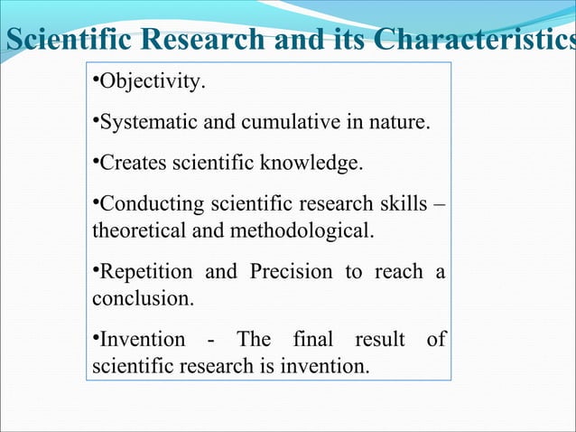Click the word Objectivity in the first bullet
click(x=151, y=85)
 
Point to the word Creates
click(x=131, y=164)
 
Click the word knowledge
click(x=321, y=164)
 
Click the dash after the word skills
click(x=440, y=204)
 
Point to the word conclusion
click(x=140, y=297)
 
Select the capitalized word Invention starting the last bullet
click(x=138, y=341)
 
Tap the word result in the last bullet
click(x=378, y=341)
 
